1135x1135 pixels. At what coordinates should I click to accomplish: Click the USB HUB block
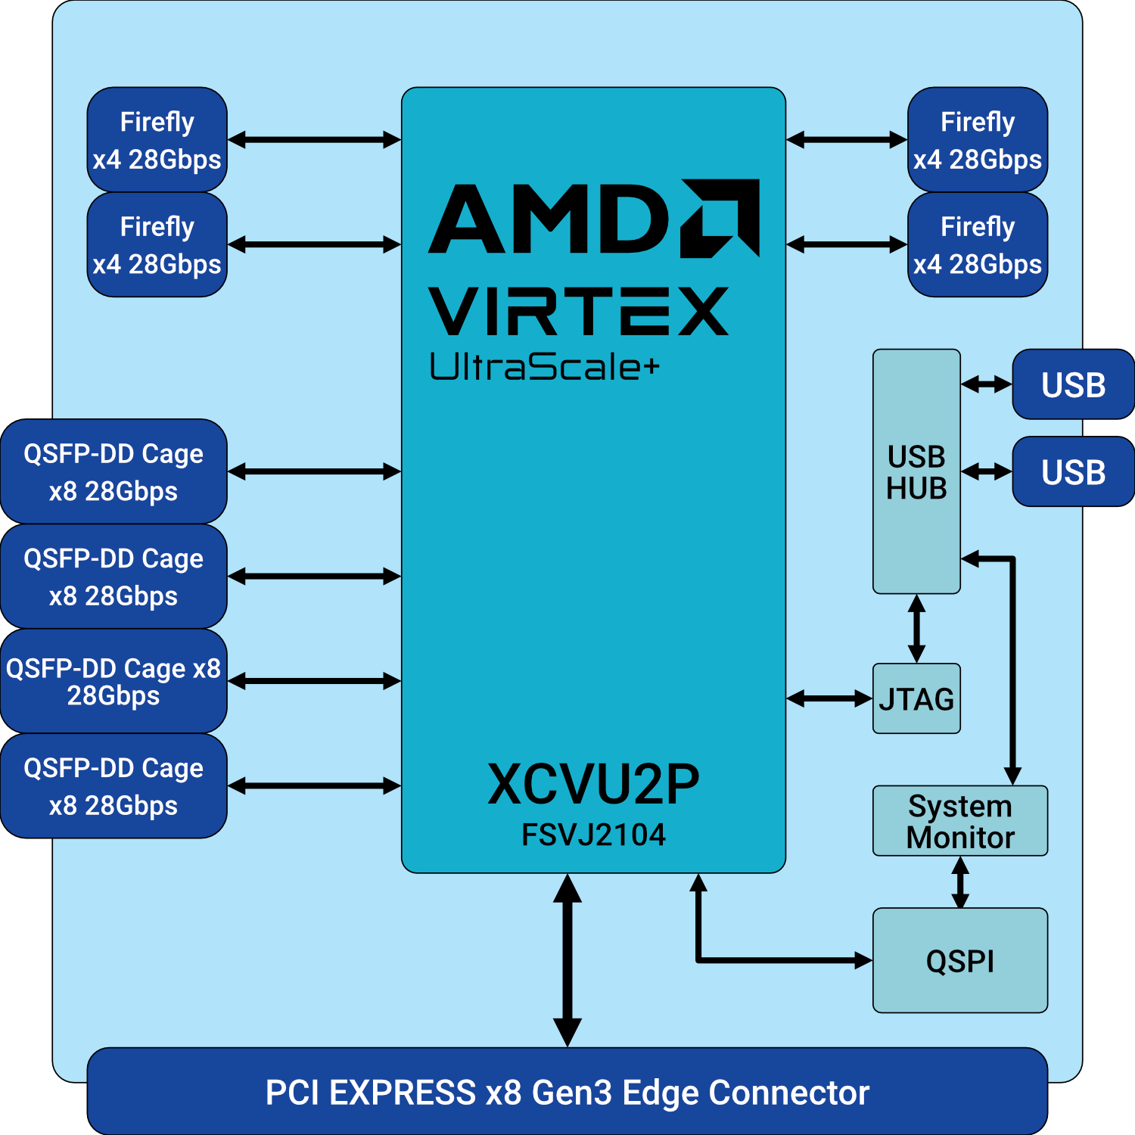(916, 471)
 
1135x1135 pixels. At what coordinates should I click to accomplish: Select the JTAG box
(916, 698)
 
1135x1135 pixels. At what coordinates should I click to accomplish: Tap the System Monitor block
(959, 821)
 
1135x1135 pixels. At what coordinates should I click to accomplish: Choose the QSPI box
(959, 960)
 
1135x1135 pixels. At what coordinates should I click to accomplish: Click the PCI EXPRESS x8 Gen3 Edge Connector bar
(567, 1091)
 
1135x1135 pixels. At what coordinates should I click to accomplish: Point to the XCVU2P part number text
(593, 784)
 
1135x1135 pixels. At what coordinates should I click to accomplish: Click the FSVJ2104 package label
(593, 835)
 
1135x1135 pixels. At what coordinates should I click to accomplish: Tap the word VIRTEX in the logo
(578, 311)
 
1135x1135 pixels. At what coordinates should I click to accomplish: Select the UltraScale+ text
(545, 367)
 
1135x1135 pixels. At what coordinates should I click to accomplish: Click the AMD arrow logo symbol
(720, 218)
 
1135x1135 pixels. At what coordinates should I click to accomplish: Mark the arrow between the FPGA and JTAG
(829, 698)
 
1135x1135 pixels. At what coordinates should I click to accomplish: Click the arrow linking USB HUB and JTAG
(916, 629)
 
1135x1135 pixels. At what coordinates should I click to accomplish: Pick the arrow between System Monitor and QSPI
(960, 882)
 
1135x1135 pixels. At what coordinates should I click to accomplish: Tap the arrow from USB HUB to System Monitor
(1012, 666)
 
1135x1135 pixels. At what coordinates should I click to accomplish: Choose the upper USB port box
(1073, 384)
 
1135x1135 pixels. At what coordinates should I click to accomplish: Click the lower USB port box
(1073, 471)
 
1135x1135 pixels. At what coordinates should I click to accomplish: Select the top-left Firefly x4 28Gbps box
(157, 140)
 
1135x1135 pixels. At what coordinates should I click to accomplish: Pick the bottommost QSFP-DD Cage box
(113, 786)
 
